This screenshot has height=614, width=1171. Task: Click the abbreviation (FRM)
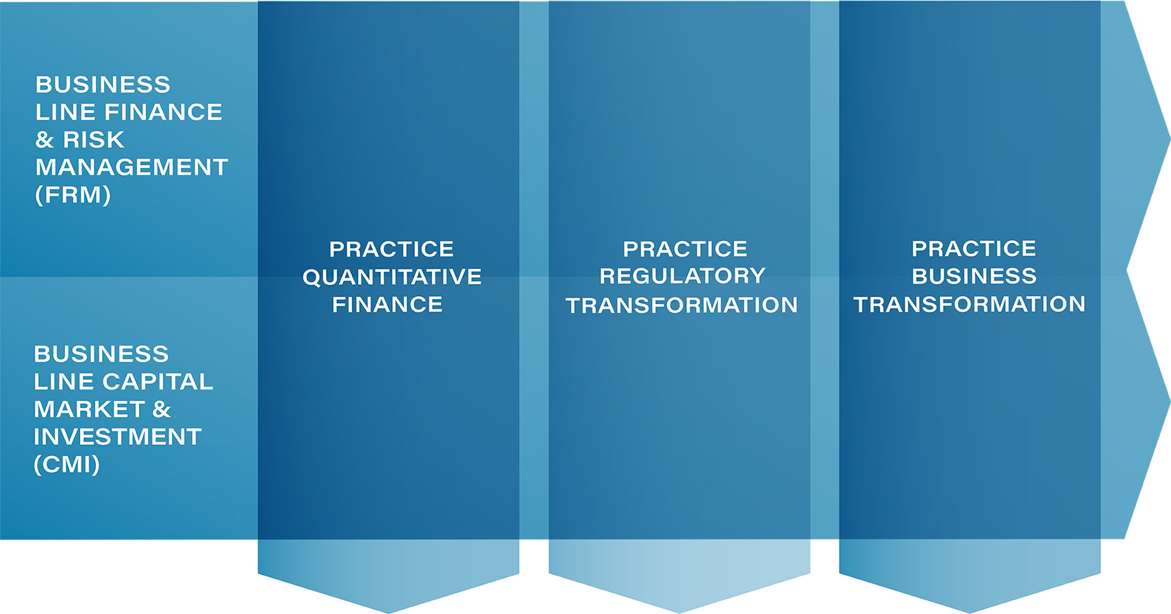point(73,195)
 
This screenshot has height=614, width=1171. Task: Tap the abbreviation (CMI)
point(66,464)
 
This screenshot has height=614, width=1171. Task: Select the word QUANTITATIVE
point(392,277)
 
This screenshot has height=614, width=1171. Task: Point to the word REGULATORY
point(682,276)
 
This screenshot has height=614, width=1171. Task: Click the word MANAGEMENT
point(131,167)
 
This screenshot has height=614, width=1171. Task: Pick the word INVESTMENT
point(118,437)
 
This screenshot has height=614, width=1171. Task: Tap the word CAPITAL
point(158,381)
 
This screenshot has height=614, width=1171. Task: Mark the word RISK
point(94,140)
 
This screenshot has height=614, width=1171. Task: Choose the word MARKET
point(90,409)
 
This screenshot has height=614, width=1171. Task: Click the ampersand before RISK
point(45,140)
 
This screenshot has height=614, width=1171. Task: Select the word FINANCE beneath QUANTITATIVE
point(388,305)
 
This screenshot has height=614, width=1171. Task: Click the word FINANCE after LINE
point(163,112)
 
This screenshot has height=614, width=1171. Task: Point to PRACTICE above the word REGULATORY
point(685,248)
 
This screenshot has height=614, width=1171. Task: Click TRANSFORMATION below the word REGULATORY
point(681,305)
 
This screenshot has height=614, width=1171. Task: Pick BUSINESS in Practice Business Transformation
point(974,276)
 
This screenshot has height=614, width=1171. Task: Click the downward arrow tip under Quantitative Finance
point(388,613)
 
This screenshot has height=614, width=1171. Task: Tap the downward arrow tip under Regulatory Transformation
point(679,613)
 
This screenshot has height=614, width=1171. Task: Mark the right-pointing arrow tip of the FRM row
point(1170,138)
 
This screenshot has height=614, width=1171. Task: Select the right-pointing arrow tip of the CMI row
point(1170,402)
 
